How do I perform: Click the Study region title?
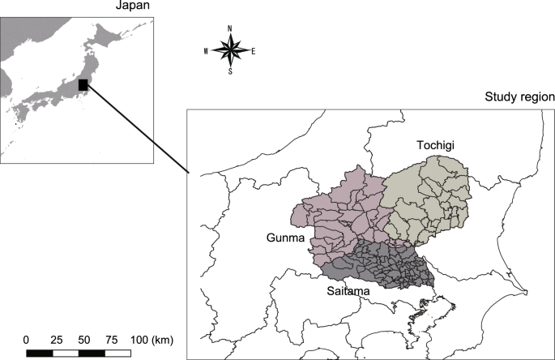519,97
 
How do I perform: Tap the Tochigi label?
437,145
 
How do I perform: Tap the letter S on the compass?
230,71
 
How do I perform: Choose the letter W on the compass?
207,50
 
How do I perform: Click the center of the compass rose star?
230,50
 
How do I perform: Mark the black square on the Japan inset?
83,84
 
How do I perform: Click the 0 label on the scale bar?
27,338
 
